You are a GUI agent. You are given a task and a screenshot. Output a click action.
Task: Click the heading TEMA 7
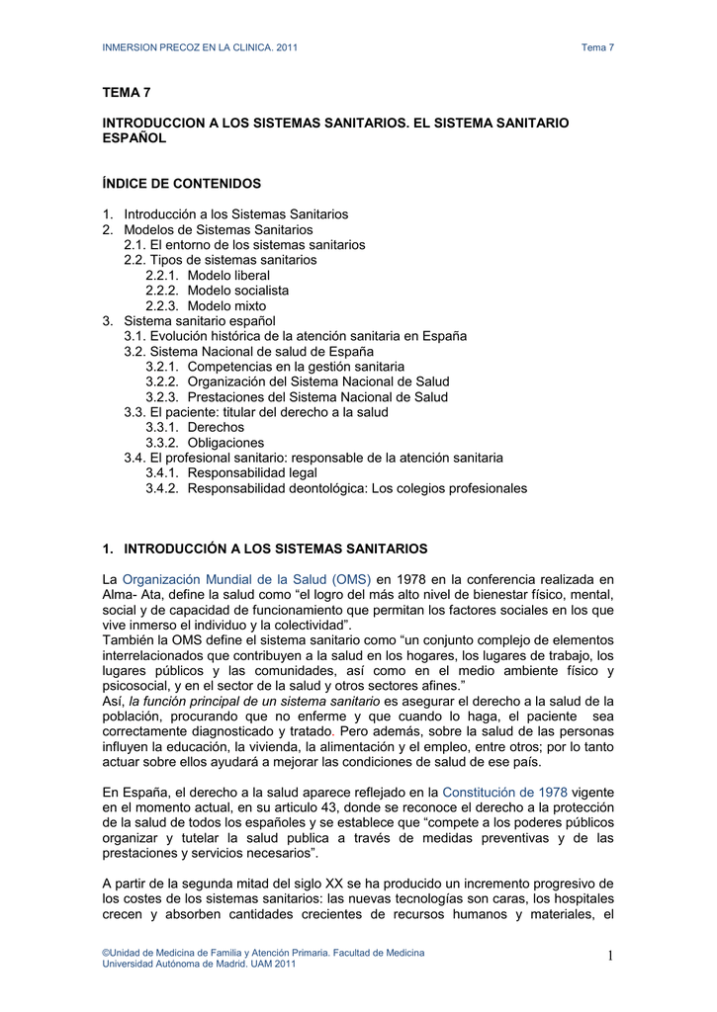pos(128,93)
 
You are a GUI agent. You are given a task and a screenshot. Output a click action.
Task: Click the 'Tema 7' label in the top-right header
pos(597,47)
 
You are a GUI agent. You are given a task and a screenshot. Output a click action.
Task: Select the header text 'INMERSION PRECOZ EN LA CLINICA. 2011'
pos(201,47)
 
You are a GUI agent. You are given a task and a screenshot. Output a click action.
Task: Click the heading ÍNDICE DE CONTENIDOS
pos(182,184)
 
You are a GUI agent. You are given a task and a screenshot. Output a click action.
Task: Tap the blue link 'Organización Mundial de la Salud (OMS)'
pos(246,579)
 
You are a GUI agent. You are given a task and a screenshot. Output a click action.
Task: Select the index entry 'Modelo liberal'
pos(228,275)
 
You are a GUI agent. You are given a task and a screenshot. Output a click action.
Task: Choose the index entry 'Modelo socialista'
pos(238,291)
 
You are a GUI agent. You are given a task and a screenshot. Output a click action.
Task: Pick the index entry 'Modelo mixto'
pos(226,305)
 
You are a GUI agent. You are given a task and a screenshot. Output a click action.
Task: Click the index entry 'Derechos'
pos(216,427)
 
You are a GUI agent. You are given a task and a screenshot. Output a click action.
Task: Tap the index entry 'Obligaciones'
pos(226,443)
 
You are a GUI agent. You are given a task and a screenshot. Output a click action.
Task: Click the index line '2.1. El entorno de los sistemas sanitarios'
pos(244,244)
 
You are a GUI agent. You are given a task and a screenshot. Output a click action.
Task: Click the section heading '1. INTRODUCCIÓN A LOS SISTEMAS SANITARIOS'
pos(265,548)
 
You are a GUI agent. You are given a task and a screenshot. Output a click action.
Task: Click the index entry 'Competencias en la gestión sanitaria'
pos(296,367)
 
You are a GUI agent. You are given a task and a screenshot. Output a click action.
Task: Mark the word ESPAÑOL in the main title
pos(134,138)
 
